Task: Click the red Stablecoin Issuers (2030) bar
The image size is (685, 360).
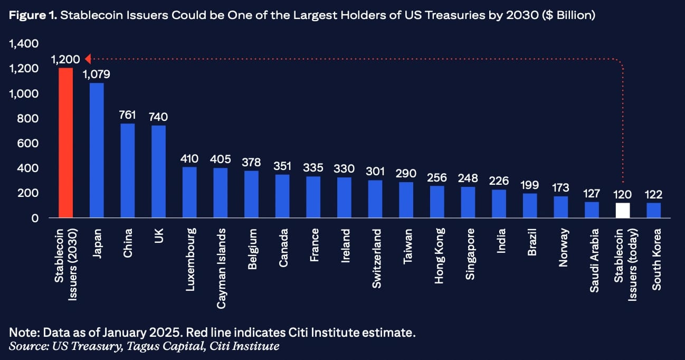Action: coord(65,143)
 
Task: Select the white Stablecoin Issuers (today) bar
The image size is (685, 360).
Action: coord(623,210)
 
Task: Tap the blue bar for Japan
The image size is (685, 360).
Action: coord(97,150)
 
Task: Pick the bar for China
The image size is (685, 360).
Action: coord(128,170)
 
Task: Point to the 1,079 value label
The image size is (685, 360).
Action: coord(97,74)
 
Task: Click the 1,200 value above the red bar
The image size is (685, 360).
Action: coord(65,59)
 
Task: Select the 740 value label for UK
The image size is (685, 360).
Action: coord(158,117)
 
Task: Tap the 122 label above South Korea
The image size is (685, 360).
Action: coord(653,195)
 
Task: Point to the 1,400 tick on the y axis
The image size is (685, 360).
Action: coord(24,44)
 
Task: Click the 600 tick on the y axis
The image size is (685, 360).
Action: coord(27,144)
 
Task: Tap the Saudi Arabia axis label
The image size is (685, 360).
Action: coord(594,260)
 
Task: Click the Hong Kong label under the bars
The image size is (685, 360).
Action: coord(439,255)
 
